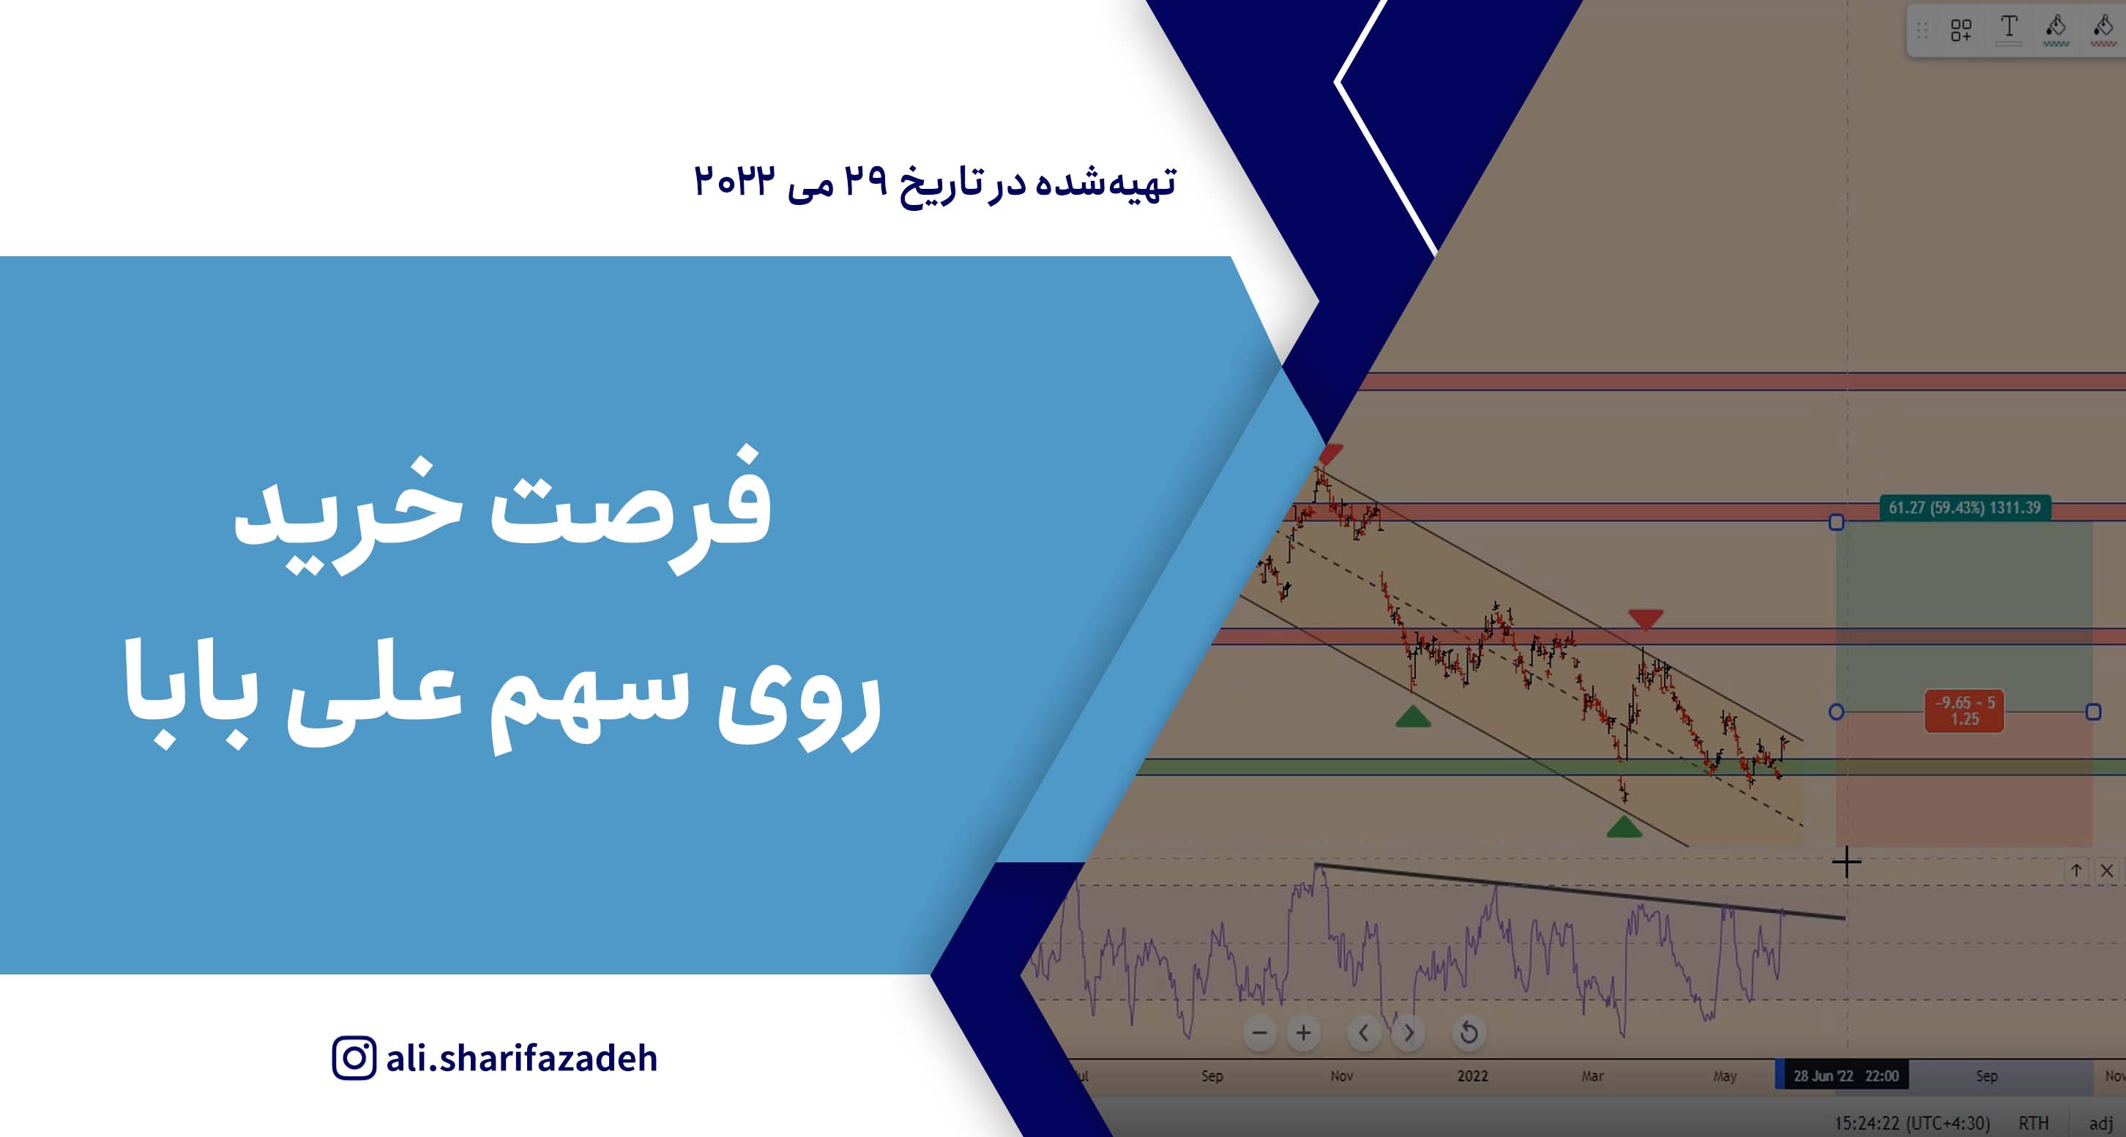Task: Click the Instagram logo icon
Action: [x=354, y=1058]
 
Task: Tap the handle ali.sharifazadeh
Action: [x=521, y=1059]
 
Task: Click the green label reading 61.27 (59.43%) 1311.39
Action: [x=1964, y=507]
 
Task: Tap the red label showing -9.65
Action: [x=1964, y=710]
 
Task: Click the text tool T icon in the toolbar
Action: [x=2009, y=29]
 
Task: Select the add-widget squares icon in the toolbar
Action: [x=1961, y=31]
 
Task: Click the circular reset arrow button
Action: [x=1469, y=1032]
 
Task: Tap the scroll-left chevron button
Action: [x=1364, y=1032]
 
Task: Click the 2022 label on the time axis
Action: [x=1472, y=1076]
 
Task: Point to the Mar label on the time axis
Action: [x=1592, y=1076]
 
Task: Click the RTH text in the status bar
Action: [x=2034, y=1123]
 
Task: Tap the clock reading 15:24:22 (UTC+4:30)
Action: [x=1912, y=1123]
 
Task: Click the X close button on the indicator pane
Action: [x=2107, y=871]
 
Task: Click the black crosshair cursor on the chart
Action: [x=1846, y=863]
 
